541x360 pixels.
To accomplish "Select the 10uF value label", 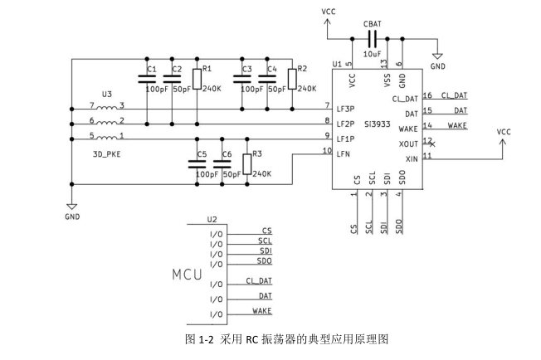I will [x=373, y=54].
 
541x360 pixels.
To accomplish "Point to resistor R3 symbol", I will [x=246, y=163].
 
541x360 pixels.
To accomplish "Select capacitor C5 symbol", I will [x=197, y=164].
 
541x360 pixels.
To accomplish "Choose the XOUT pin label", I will [x=408, y=143].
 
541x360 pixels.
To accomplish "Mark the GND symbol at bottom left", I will [x=71, y=207].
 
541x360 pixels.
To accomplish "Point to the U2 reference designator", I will [x=212, y=220].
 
